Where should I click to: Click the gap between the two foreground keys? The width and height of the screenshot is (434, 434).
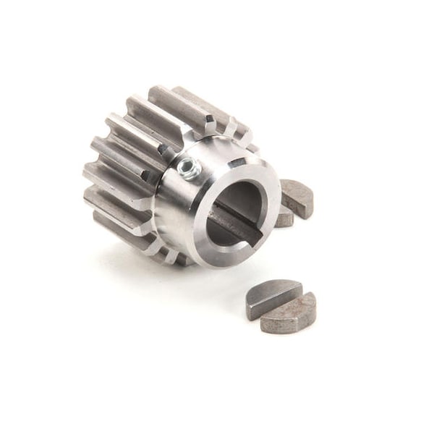coord(284,302)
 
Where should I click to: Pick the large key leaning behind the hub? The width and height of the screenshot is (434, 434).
coord(298,199)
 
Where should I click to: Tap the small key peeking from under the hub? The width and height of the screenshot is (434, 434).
coord(284,218)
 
